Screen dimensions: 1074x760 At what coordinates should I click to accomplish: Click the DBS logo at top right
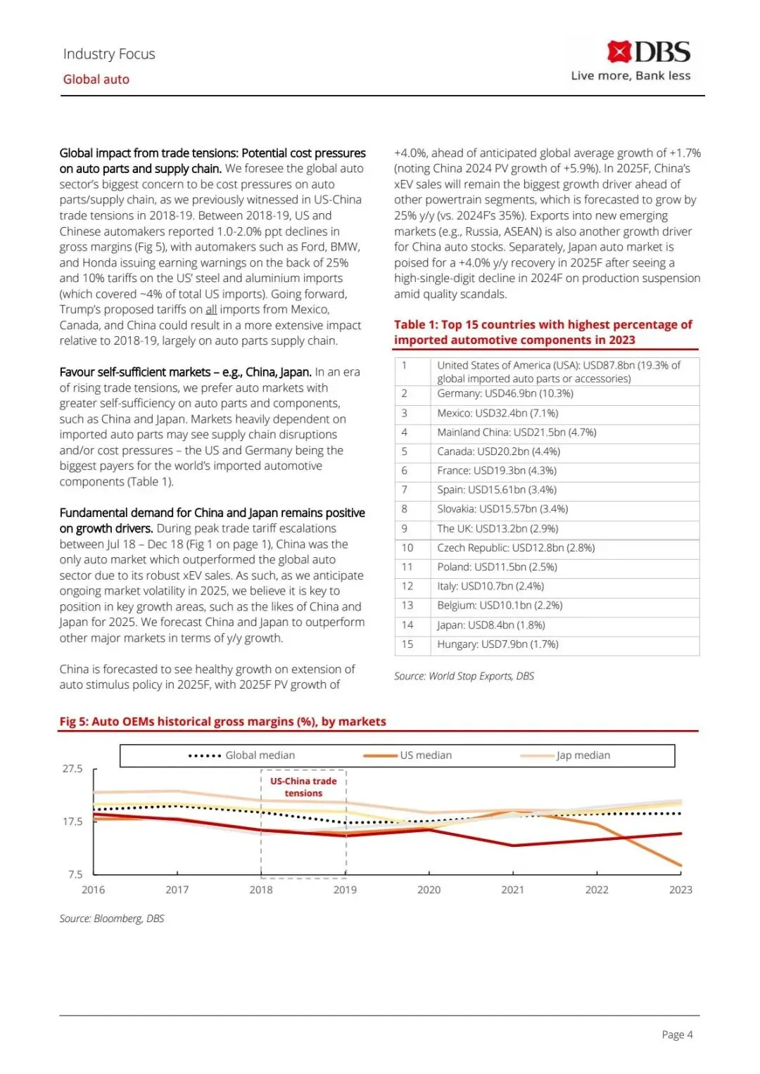pyautogui.click(x=648, y=52)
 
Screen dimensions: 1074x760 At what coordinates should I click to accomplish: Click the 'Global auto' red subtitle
pyautogui.click(x=96, y=79)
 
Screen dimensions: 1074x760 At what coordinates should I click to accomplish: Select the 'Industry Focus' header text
pyautogui.click(x=109, y=54)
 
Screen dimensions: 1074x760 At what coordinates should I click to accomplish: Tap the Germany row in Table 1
pyautogui.click(x=505, y=394)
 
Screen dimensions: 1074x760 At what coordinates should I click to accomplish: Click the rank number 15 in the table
pyautogui.click(x=407, y=644)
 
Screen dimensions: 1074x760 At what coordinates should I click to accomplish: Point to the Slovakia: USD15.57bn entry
pyautogui.click(x=502, y=509)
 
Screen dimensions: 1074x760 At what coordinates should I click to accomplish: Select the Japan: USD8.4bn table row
pyautogui.click(x=490, y=625)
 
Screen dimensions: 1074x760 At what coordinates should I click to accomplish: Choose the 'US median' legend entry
pyautogui.click(x=426, y=755)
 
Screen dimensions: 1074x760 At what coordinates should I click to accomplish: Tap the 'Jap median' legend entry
pyautogui.click(x=583, y=755)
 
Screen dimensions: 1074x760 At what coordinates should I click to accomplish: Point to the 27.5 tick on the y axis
pyautogui.click(x=72, y=769)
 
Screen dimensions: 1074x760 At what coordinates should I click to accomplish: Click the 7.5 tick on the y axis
pyautogui.click(x=75, y=874)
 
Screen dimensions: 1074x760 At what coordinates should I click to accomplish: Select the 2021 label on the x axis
pyautogui.click(x=512, y=890)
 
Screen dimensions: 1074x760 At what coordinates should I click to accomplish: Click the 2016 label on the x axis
pyautogui.click(x=93, y=890)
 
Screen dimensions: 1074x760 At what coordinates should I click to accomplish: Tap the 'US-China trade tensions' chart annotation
pyautogui.click(x=303, y=787)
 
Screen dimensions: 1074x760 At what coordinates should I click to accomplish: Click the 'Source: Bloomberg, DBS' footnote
pyautogui.click(x=112, y=919)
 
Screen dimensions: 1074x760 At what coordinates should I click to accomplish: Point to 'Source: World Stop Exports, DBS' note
pyautogui.click(x=464, y=676)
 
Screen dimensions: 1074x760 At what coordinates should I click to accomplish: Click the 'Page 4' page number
pyautogui.click(x=677, y=1035)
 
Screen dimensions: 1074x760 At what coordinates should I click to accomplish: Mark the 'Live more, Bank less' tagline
pyautogui.click(x=631, y=76)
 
